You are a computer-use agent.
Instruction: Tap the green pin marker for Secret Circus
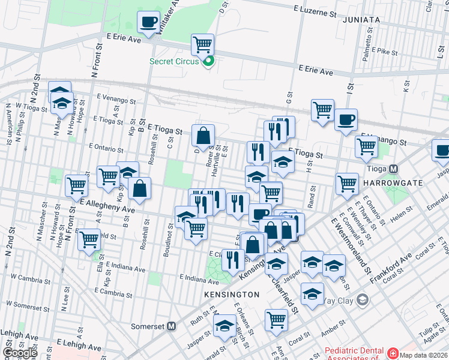(209, 61)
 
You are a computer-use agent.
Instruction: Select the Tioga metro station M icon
(394, 170)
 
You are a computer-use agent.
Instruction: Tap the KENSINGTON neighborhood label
(232, 295)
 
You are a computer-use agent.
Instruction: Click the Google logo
(20, 353)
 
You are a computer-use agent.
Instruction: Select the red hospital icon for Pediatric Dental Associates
(393, 353)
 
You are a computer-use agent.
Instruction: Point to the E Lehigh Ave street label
(79, 346)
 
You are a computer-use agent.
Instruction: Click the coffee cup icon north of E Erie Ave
(148, 22)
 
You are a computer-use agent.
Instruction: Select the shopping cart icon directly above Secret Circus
(203, 44)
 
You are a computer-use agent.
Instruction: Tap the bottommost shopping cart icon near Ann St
(276, 319)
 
